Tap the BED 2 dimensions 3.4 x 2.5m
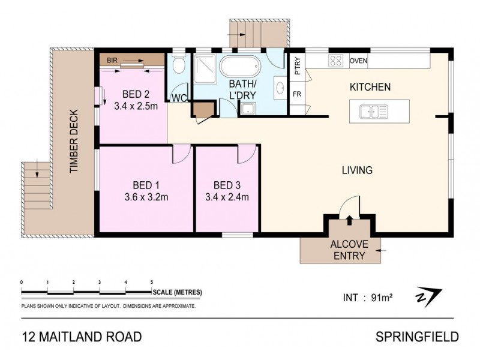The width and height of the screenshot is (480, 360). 136,106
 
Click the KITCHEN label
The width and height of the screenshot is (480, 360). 370,88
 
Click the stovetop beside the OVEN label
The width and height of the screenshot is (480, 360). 336,61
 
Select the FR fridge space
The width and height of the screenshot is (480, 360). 296,94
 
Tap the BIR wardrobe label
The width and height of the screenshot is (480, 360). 112,61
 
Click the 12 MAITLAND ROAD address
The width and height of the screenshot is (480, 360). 82,336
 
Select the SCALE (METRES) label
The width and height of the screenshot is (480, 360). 178,292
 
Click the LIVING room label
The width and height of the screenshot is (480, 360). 357,170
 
